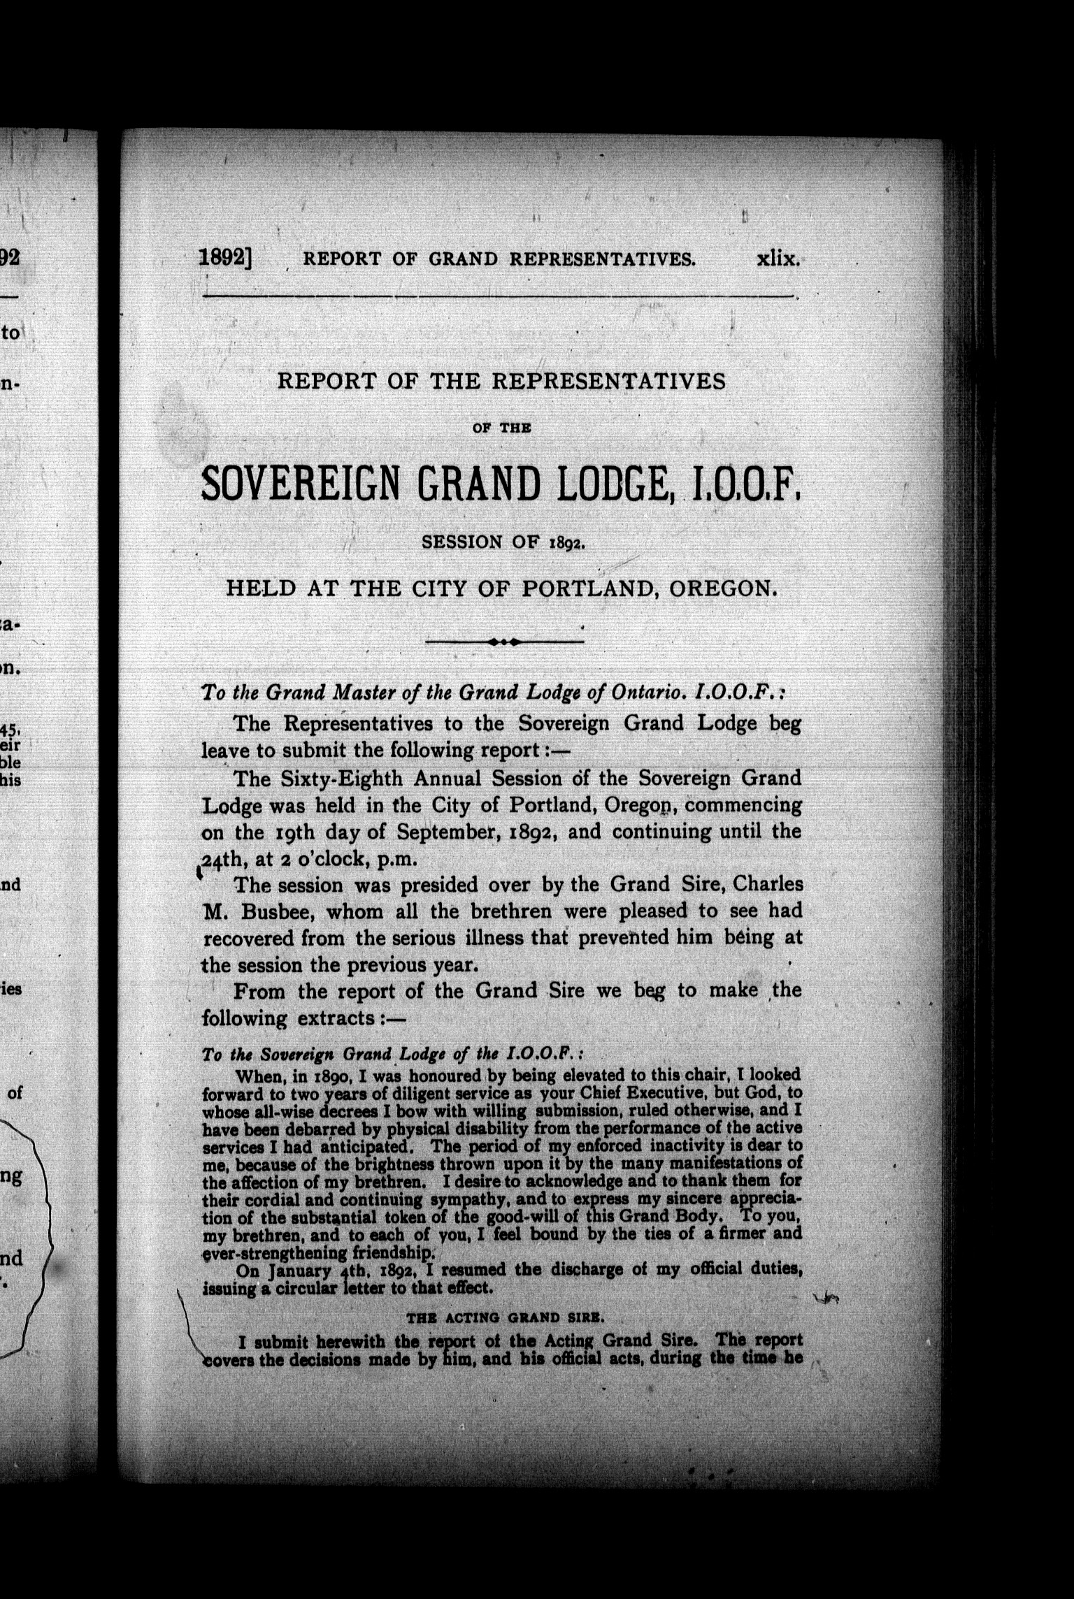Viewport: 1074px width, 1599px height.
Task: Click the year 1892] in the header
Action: (x=225, y=258)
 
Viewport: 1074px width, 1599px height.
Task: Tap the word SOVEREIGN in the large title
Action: (x=294, y=483)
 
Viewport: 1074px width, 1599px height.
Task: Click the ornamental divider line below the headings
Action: (x=504, y=641)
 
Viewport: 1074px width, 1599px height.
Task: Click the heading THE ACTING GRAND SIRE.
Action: (x=504, y=1317)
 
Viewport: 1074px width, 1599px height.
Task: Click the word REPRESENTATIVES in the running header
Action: (x=602, y=259)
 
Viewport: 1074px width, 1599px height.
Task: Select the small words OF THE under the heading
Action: (x=501, y=428)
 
